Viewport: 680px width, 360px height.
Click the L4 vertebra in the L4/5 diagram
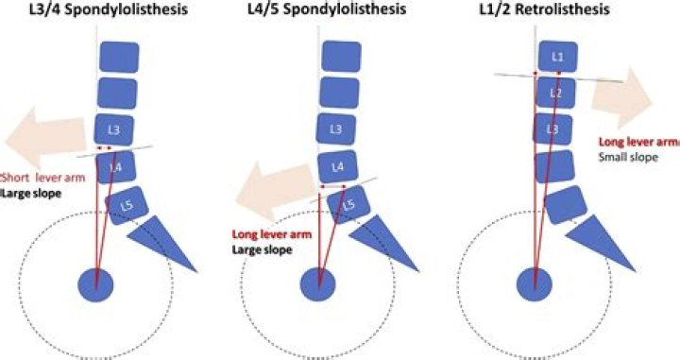(x=336, y=167)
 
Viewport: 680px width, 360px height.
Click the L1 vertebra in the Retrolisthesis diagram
(x=557, y=57)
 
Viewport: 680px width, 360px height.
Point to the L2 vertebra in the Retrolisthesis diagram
(x=556, y=94)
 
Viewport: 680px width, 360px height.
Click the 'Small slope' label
(x=624, y=157)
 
